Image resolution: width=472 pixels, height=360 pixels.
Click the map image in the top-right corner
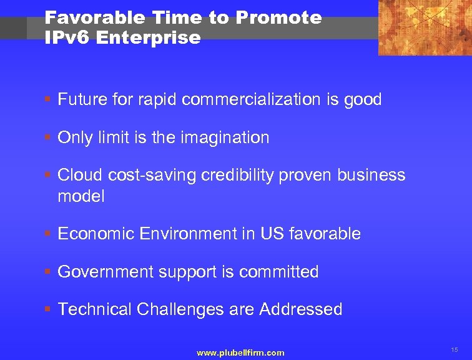pyautogui.click(x=425, y=27)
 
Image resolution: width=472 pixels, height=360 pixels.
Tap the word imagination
pyautogui.click(x=225, y=137)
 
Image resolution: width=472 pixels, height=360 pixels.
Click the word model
pyautogui.click(x=81, y=196)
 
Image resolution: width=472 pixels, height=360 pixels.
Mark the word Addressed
pyautogui.click(x=301, y=309)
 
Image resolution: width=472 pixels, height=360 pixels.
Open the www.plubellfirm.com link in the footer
pyautogui.click(x=240, y=353)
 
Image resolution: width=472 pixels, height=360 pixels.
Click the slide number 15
pyautogui.click(x=454, y=350)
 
